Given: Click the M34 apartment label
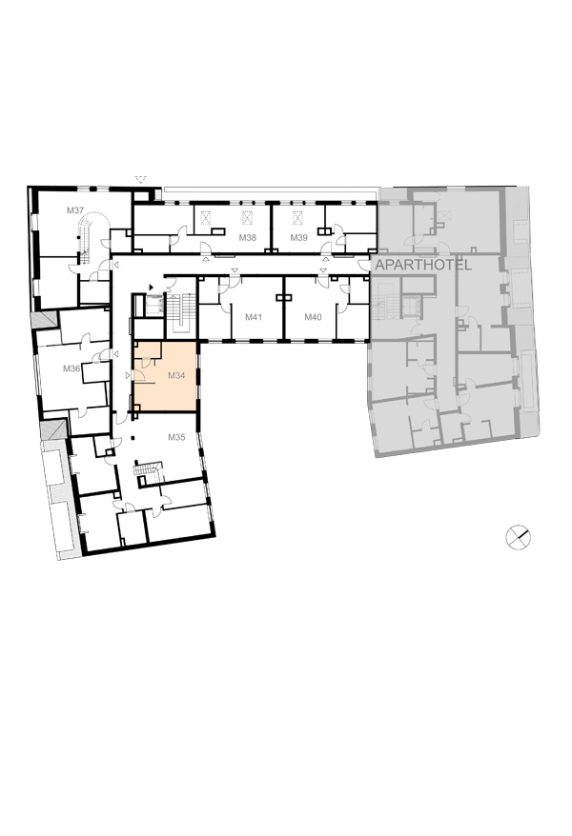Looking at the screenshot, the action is click(x=176, y=375).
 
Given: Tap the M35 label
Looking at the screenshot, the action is click(x=176, y=437).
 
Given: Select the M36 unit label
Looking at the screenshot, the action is click(x=71, y=368).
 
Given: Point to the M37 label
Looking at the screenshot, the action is click(x=75, y=210).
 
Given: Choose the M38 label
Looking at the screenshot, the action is click(x=248, y=237).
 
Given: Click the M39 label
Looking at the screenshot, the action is click(x=298, y=237).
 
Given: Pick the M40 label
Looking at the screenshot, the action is click(x=314, y=317).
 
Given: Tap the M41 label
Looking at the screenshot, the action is click(x=254, y=317).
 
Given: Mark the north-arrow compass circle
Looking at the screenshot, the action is click(x=518, y=537).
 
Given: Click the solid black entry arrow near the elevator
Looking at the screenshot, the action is click(x=152, y=287).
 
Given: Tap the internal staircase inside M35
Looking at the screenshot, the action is click(x=148, y=468).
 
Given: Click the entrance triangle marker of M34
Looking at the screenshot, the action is click(x=128, y=375).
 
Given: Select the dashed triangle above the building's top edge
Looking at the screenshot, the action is click(x=141, y=179).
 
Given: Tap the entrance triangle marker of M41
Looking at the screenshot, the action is click(x=234, y=270).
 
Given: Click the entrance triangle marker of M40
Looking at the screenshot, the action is click(x=323, y=270).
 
